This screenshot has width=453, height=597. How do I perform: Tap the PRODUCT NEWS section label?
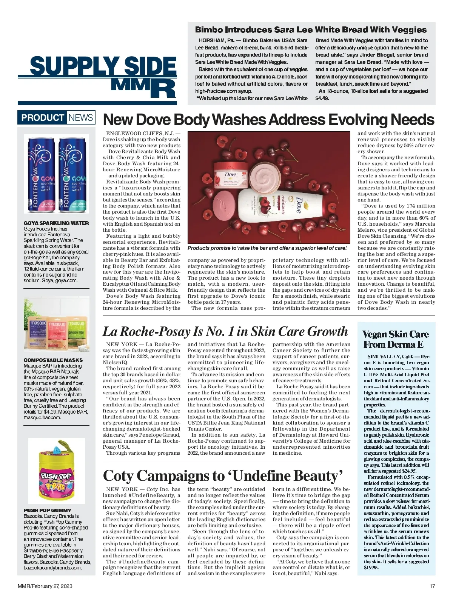coord(57,117)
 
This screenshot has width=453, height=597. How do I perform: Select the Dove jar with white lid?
coord(231,174)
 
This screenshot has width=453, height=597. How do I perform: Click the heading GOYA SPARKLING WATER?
coord(56,223)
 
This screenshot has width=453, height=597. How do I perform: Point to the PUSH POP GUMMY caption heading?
coord(47,510)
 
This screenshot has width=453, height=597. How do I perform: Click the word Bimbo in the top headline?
coord(208,30)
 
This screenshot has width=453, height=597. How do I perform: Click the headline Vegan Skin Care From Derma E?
coord(395,339)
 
